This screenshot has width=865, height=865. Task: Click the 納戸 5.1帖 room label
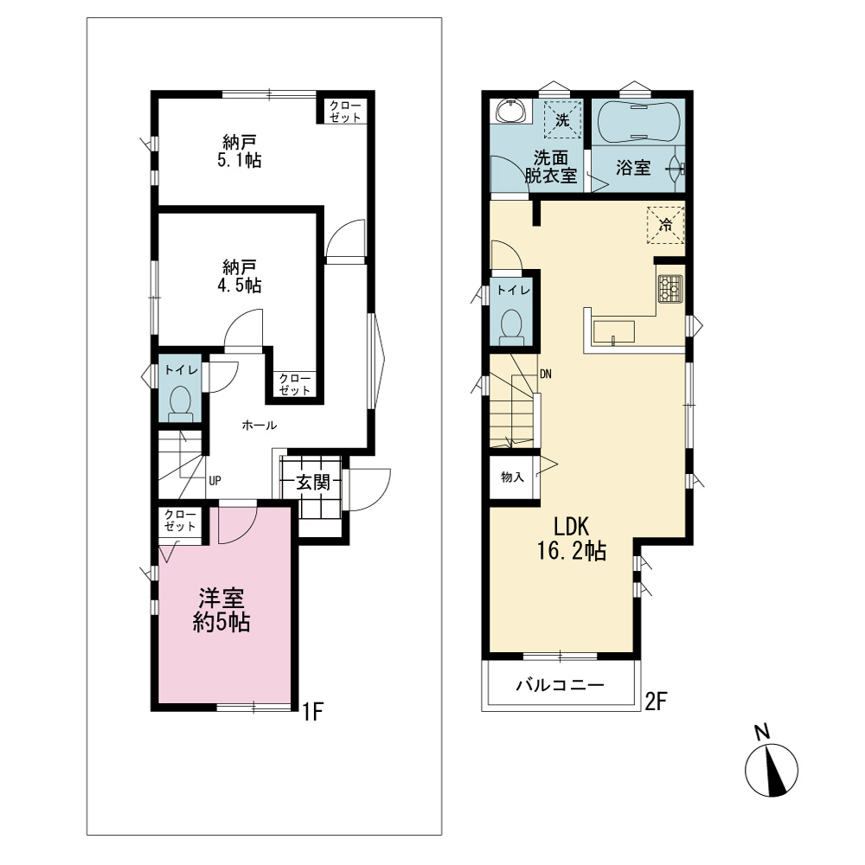point(239,151)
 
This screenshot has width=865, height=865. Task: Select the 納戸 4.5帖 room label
point(239,277)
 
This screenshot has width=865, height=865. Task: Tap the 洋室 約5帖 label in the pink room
point(221,610)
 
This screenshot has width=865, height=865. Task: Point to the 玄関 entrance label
point(313,482)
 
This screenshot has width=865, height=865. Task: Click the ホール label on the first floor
point(259,425)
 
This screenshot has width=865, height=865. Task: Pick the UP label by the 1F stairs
point(215,480)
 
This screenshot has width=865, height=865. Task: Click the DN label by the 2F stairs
point(546,374)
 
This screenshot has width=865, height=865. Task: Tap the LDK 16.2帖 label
point(572,539)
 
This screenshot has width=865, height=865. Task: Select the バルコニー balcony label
point(561,685)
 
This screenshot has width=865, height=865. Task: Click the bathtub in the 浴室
point(633,121)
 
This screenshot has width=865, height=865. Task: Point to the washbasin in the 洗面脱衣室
point(512,111)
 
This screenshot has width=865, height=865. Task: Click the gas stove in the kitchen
point(670,289)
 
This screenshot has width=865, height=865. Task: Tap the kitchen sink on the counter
point(613,332)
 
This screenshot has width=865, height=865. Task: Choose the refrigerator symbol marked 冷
point(666,225)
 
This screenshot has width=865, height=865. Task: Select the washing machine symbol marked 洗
point(562,119)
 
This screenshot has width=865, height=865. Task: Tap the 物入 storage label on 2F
point(512,477)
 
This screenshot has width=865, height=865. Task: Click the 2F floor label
point(657,702)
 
